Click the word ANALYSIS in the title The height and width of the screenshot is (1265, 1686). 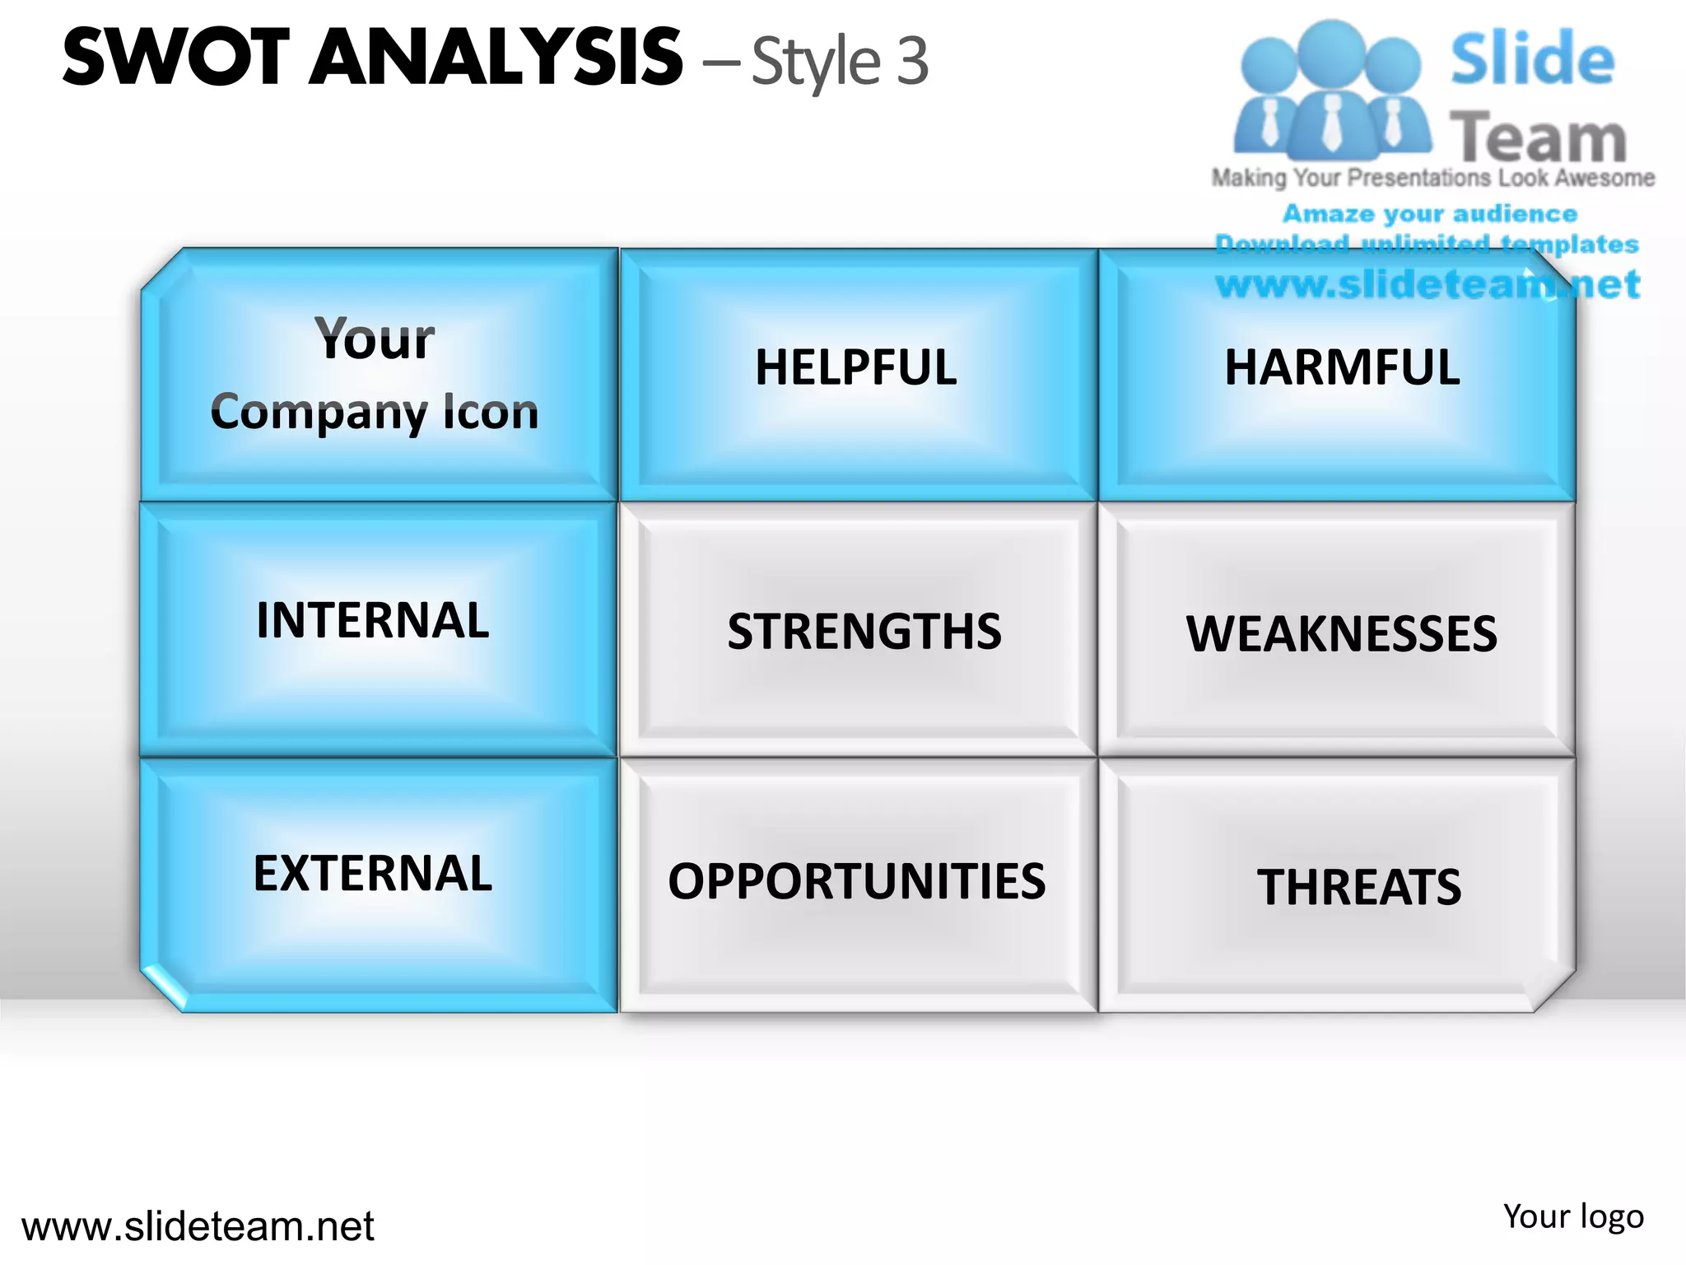496,58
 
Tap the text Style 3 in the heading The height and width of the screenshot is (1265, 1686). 840,63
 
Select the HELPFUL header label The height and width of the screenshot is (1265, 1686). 856,367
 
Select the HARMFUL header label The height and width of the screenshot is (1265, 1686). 1342,367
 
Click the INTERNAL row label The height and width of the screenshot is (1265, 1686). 373,620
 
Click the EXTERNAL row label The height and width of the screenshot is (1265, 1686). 373,873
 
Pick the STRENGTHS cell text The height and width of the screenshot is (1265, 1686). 864,632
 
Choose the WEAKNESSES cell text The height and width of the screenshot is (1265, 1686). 1342,634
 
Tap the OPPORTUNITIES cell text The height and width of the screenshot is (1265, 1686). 856,881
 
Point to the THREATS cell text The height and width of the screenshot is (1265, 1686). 1359,887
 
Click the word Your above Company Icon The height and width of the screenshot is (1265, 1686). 375,339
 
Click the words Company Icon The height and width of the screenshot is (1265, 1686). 375,412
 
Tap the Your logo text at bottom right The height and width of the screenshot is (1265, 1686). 1573,1216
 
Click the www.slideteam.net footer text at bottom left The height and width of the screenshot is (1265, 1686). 198,1226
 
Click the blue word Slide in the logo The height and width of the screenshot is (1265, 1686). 1532,59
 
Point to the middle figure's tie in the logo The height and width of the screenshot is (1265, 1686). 1331,124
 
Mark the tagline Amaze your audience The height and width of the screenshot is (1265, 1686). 1430,214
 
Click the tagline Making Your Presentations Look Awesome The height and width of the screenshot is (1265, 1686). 1432,178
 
